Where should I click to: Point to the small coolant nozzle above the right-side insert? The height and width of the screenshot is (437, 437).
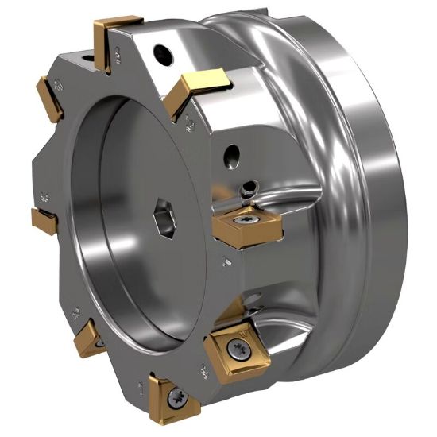pos(251,188)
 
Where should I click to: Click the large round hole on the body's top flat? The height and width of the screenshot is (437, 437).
pos(163,53)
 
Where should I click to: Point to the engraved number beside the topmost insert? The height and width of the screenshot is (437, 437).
pos(117,55)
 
